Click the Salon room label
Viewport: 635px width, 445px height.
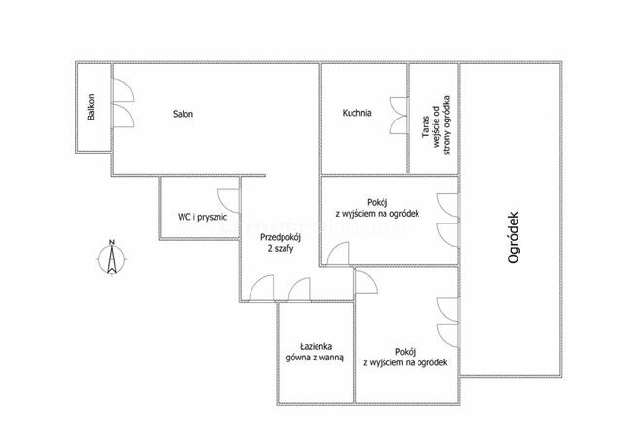tap(183, 114)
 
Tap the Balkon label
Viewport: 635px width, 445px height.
tap(91, 107)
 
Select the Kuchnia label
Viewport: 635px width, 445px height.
tap(356, 113)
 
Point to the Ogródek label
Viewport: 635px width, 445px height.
tap(513, 237)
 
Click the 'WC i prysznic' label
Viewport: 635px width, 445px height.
tap(202, 217)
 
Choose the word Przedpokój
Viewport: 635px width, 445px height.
tap(281, 238)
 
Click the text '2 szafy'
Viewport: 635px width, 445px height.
tap(281, 249)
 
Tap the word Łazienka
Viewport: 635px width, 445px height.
tap(317, 347)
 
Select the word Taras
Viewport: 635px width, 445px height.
tap(425, 126)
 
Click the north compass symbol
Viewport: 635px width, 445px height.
tap(112, 258)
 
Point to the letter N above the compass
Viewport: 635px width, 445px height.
tap(112, 242)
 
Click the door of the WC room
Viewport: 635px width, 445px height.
tap(228, 201)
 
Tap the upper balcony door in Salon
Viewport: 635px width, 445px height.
tap(122, 89)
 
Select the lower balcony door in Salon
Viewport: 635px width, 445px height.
tap(122, 116)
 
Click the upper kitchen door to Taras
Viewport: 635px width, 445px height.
tap(399, 107)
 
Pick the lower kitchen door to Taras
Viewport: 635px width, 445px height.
tap(399, 124)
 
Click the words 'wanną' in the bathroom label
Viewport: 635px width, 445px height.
tap(333, 358)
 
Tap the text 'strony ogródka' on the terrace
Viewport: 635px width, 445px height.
tap(447, 125)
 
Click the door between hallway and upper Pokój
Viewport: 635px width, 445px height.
tap(338, 255)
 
